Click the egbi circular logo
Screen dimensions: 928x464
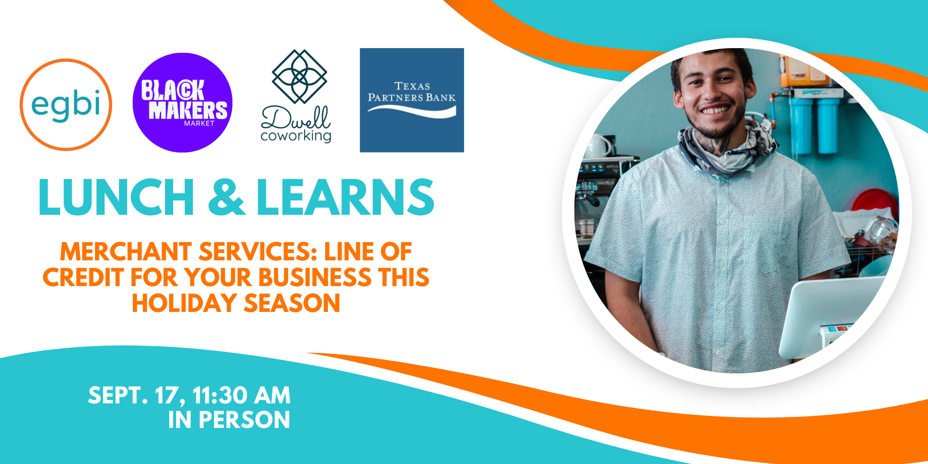click(66, 105)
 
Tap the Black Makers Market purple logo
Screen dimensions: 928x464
click(183, 103)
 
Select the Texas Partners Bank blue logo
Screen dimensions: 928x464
click(412, 100)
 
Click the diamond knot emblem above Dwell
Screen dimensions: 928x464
click(299, 76)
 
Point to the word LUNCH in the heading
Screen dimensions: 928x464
click(116, 197)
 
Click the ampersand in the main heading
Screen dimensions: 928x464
click(226, 197)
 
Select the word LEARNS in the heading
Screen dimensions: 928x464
click(345, 197)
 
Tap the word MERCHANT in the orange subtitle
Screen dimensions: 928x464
click(125, 252)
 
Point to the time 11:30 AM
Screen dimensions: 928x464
click(241, 396)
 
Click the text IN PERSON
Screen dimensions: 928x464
click(229, 420)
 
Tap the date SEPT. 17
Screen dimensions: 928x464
click(136, 396)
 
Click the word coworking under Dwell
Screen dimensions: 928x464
click(296, 136)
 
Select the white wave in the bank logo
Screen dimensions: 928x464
click(412, 111)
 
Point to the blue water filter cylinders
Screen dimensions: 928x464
click(815, 125)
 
